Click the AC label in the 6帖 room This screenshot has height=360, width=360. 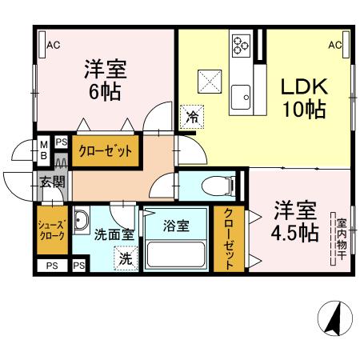[54, 45]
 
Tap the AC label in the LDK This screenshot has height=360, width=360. [335, 45]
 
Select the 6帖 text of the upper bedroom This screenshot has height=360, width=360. [104, 92]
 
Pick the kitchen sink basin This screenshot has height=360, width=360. [240, 98]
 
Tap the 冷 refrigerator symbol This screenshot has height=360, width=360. [192, 116]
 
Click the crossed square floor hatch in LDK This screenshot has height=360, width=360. [210, 82]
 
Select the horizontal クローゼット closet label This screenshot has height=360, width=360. [103, 150]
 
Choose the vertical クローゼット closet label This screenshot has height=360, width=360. [229, 238]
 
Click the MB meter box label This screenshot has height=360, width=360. [45, 150]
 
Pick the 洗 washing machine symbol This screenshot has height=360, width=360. [126, 258]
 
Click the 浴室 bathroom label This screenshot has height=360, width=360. [175, 226]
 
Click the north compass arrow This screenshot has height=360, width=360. [334, 321]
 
